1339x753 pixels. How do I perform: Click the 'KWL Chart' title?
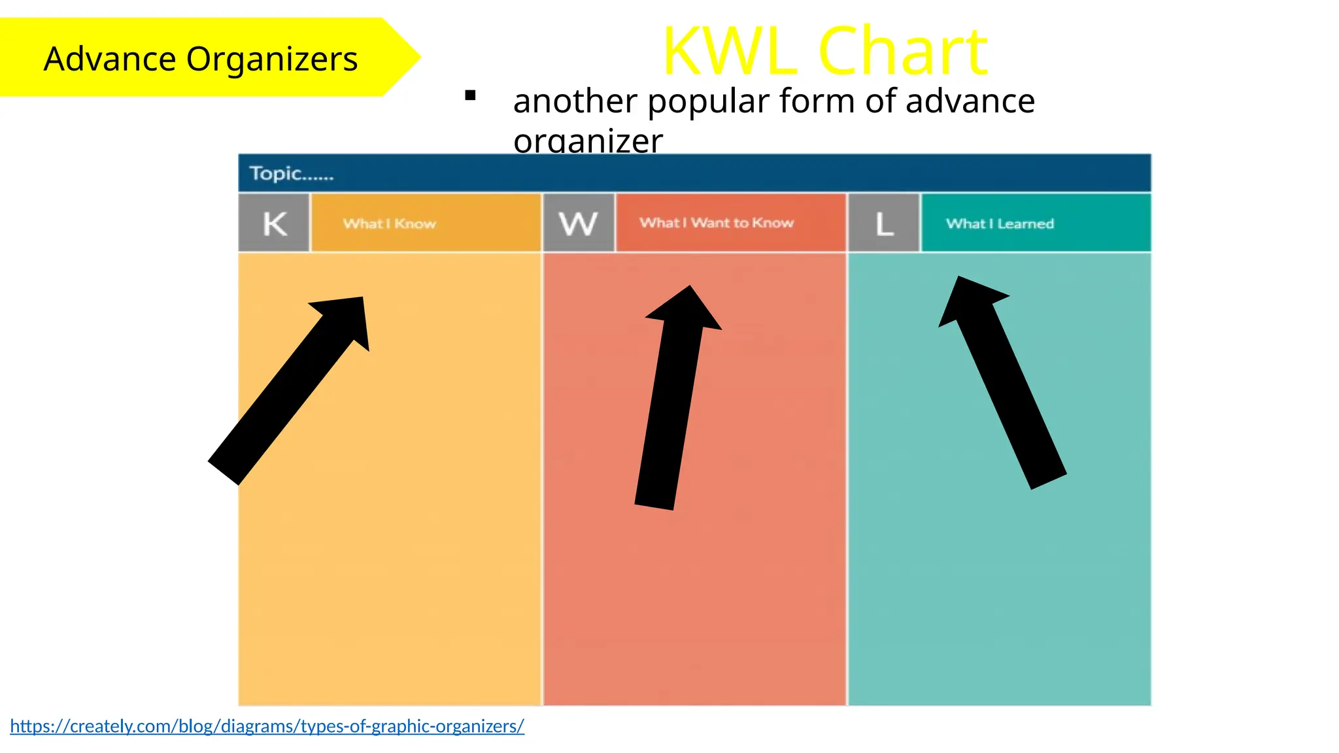click(x=825, y=51)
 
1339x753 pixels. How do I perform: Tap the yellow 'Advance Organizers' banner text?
click(x=201, y=59)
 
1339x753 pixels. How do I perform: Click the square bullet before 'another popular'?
click(x=470, y=96)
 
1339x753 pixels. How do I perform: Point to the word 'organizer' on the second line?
click(x=588, y=141)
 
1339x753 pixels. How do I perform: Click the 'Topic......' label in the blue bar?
click(x=292, y=173)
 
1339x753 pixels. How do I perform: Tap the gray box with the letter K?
click(x=275, y=224)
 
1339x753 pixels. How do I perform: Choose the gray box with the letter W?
click(x=579, y=224)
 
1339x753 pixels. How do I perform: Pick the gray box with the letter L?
click(x=884, y=224)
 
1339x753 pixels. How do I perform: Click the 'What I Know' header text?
click(x=390, y=224)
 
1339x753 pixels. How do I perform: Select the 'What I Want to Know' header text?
click(x=717, y=223)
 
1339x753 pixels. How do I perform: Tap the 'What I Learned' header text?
click(x=1000, y=224)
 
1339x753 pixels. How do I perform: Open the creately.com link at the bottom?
click(x=267, y=726)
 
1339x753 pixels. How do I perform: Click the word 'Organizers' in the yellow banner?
click(x=272, y=59)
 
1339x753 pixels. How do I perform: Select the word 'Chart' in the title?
click(x=903, y=51)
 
